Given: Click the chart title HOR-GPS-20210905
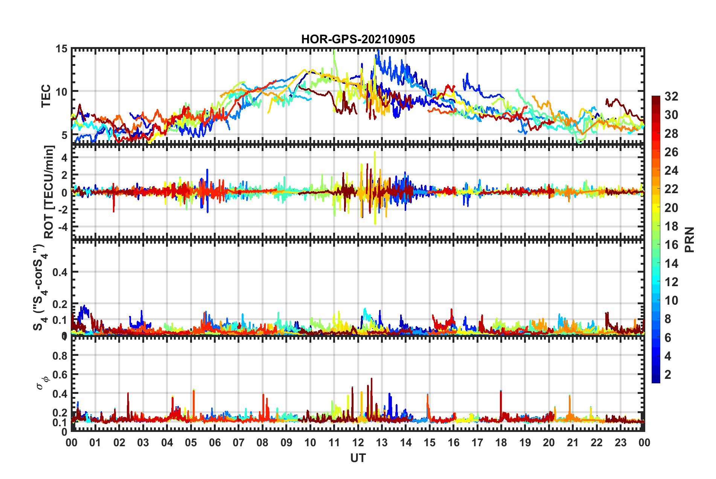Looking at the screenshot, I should coord(358,39).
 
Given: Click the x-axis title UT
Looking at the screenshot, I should coord(358,458).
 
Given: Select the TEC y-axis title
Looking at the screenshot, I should coord(46,96).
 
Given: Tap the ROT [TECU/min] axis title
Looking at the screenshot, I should coord(49,192).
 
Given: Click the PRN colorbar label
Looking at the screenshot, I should coord(690,239).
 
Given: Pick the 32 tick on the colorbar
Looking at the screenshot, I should coord(671,96).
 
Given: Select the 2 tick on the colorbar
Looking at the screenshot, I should coord(668,374).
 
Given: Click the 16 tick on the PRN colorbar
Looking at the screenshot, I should coord(671,245).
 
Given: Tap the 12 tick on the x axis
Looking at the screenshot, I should coord(358,442).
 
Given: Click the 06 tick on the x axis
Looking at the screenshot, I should coord(215,442).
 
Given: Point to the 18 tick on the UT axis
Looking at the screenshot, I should coord(501,442).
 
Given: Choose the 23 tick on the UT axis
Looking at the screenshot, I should coord(620,442).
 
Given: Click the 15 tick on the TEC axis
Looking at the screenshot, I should coord(62,49).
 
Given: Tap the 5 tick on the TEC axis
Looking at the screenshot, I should coord(64,135).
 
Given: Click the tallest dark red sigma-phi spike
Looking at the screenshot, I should coord(372,379).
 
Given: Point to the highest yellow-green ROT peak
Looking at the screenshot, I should coord(375,153).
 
